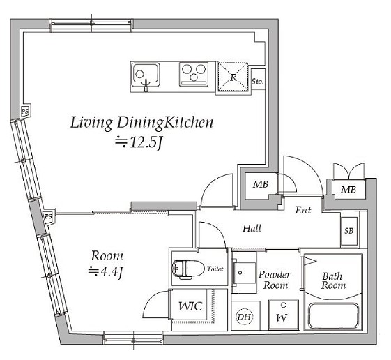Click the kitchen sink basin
146,75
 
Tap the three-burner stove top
194,74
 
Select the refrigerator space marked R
233,77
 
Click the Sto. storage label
258,81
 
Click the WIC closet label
190,306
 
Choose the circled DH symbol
244,317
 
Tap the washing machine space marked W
283,315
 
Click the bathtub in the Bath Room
334,315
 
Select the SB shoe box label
349,231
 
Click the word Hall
252,228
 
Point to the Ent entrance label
303,210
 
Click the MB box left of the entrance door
261,184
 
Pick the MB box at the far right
348,190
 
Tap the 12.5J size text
139,143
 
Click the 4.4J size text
106,271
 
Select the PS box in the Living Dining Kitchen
25,111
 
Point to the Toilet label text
215,269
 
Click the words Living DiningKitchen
142,123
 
